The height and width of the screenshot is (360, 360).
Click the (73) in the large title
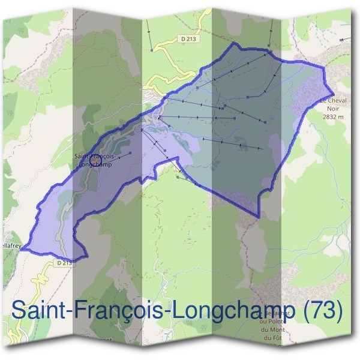[323, 310]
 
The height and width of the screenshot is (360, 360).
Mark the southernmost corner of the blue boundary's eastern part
[259, 217]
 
